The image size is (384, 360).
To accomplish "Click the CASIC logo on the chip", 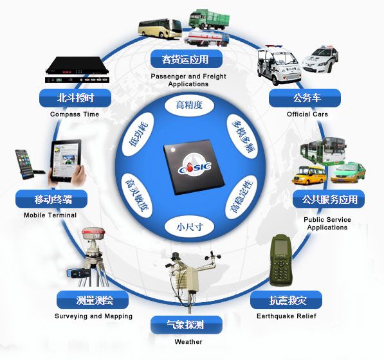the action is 195,167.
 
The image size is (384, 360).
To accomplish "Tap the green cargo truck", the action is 209,19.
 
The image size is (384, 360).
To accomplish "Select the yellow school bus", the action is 309,175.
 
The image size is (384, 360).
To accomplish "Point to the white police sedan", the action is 320,60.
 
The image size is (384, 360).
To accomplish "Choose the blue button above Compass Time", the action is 75,98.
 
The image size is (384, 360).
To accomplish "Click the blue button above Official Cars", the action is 305,98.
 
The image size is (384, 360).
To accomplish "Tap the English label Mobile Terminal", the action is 50,215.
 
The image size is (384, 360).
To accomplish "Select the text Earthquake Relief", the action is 286,316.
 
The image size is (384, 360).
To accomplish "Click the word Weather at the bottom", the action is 188,341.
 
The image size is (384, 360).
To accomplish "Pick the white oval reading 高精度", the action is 189,105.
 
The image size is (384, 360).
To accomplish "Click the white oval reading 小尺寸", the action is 189,227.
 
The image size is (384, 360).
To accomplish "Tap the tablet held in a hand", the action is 66,161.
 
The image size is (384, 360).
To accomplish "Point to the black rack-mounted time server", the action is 77,69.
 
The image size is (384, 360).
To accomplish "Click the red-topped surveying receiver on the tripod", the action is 93,235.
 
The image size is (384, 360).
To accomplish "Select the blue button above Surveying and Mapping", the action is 93,300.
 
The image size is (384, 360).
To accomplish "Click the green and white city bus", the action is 323,150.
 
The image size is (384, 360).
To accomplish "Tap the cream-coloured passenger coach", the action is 160,28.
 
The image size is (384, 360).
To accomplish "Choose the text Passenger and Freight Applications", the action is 188,80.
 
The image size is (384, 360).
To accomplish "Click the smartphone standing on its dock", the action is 26,164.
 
